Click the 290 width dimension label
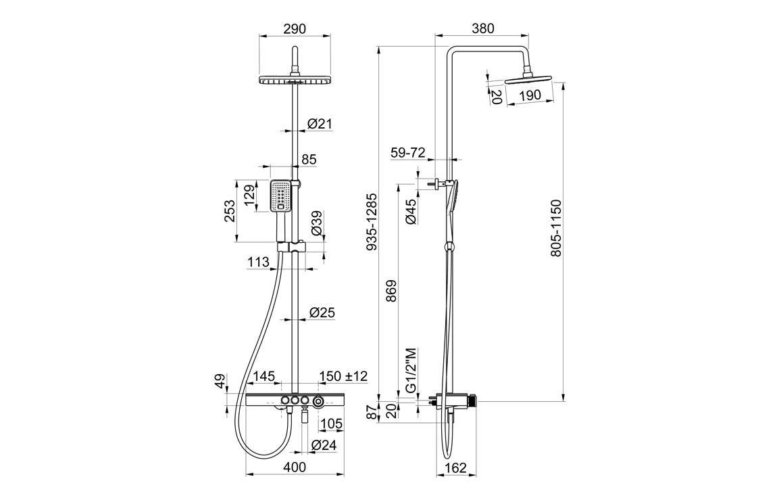coord(295,28)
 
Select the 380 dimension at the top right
coord(483,28)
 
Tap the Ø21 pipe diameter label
coord(320,123)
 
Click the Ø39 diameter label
coord(316,223)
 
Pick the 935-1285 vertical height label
coord(371,223)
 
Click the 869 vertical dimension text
coord(390,290)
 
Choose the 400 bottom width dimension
coord(295,467)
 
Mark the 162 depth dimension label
coord(457,467)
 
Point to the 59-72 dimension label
coord(408,153)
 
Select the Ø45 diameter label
coord(409,211)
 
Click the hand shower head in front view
coord(281,196)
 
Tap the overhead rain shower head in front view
coord(295,81)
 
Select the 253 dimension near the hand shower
coord(230,210)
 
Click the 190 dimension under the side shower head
coord(531,95)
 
